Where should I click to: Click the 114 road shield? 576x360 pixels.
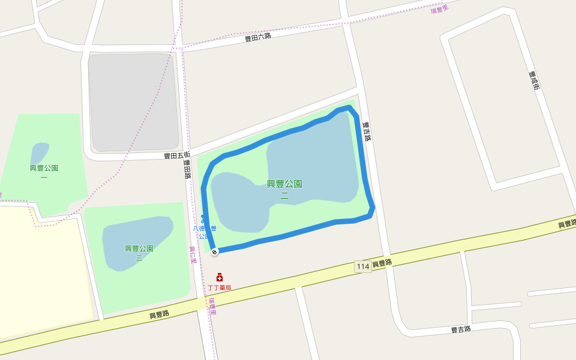(x=362, y=266)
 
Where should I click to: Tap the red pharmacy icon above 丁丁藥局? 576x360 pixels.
(x=220, y=277)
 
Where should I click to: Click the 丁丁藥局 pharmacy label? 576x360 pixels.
(x=220, y=288)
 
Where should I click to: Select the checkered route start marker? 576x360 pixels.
(x=214, y=251)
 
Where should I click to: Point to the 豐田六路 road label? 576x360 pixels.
(x=258, y=37)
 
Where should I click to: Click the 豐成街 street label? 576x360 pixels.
(x=534, y=81)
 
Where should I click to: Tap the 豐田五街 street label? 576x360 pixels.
(x=177, y=155)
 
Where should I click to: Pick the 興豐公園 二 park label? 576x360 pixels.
(x=284, y=188)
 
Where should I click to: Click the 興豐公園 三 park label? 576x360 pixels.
(x=139, y=253)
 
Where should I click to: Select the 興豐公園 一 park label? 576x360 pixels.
(x=44, y=172)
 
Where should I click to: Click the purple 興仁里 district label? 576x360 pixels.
(x=193, y=255)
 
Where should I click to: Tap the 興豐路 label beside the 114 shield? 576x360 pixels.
(x=382, y=263)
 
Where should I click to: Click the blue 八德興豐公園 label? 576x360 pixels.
(x=204, y=232)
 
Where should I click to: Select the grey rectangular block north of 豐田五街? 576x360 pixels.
(x=133, y=102)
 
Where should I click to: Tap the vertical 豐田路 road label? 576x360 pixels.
(x=187, y=170)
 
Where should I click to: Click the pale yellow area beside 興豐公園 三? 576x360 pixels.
(x=42, y=270)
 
